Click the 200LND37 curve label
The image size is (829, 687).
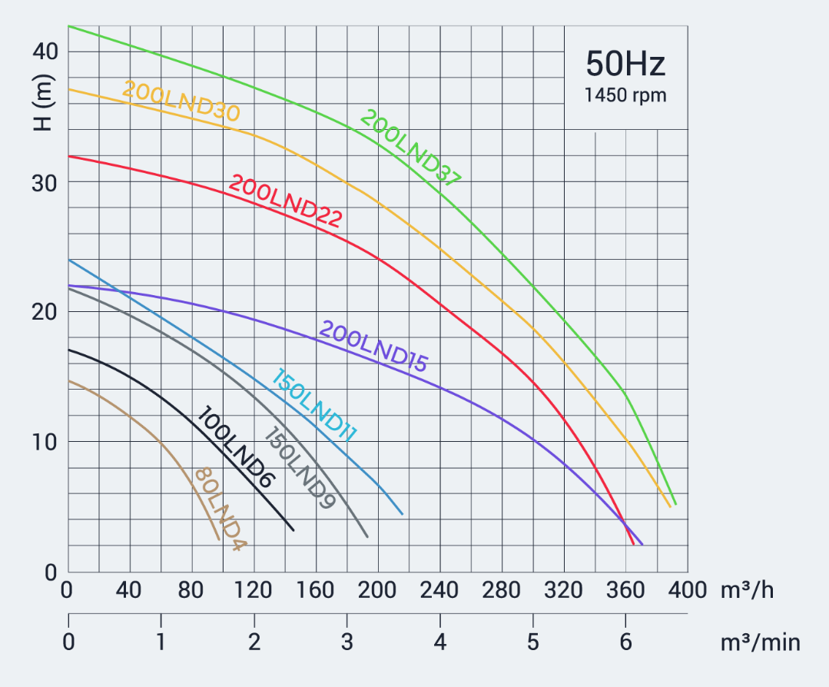click(410, 149)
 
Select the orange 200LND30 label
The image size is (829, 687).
click(181, 101)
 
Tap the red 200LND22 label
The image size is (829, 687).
click(285, 201)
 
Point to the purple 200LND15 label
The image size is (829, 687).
click(373, 347)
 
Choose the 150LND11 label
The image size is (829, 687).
click(314, 406)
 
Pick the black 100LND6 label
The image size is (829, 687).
click(236, 447)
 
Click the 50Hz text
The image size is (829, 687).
click(625, 64)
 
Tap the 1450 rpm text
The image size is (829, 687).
click(625, 96)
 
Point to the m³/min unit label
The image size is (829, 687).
click(760, 642)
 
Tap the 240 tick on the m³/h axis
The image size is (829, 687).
click(440, 590)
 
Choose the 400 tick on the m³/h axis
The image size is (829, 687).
click(687, 590)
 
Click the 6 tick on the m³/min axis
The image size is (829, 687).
click(625, 642)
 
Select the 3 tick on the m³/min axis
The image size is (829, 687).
click(347, 642)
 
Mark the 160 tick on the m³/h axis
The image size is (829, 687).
click(316, 590)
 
